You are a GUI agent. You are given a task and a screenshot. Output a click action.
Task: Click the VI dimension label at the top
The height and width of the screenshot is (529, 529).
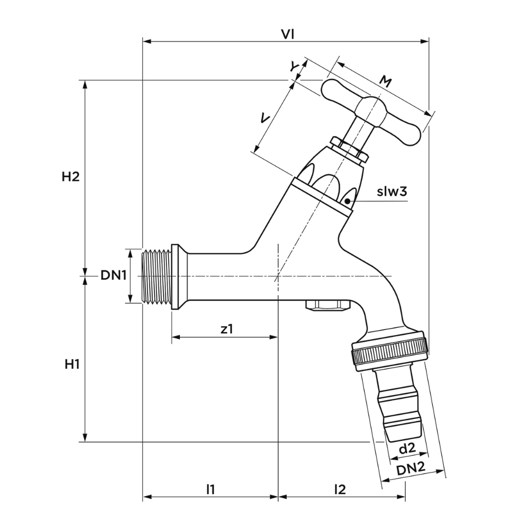pos(287,34)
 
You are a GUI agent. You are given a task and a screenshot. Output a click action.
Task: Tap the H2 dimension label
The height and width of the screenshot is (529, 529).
pos(70,177)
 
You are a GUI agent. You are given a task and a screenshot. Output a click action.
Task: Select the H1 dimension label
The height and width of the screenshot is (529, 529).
pos(72,364)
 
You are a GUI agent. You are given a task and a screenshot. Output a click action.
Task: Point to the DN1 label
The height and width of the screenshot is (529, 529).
pos(113,276)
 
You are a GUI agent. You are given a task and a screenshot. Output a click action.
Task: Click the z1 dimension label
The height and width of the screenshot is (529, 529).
pos(227,329)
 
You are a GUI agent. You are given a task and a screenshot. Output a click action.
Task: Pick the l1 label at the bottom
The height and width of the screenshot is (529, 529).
pos(211,489)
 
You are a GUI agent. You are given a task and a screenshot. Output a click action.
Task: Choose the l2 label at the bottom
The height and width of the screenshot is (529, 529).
pos(340,489)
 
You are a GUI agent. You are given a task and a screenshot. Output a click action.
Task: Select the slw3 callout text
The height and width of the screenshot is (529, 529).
pos(392,191)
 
